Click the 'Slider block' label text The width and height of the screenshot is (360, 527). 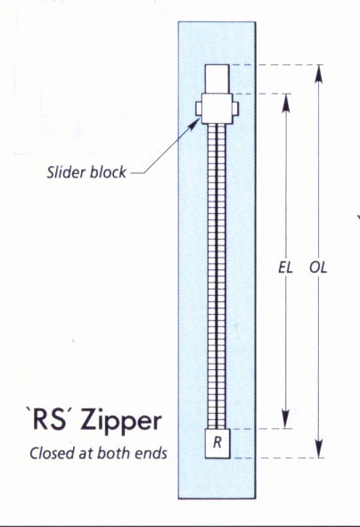pos(86,172)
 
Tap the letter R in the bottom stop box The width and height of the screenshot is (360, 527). pos(217,442)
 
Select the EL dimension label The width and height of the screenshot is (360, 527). pos(285,268)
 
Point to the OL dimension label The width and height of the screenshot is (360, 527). pos(318,268)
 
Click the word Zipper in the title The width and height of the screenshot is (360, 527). pos(121,422)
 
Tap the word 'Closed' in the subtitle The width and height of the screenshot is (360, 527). pos(52,453)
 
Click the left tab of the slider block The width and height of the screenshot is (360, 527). pos(199,109)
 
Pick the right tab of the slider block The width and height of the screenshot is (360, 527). pos(235,108)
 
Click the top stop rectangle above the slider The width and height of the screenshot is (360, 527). pos(217,79)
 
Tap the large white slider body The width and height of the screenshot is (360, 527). pos(217,109)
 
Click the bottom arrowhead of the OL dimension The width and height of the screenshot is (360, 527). pos(319,449)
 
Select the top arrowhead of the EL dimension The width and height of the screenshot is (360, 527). pos(286,103)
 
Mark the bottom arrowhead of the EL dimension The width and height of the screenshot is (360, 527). pos(286,419)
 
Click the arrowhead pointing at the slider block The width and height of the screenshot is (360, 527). pos(193,124)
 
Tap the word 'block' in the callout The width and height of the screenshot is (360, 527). pos(109,172)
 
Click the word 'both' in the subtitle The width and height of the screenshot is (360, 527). pos(115,453)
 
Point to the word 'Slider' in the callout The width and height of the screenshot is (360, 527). pos(67,172)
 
